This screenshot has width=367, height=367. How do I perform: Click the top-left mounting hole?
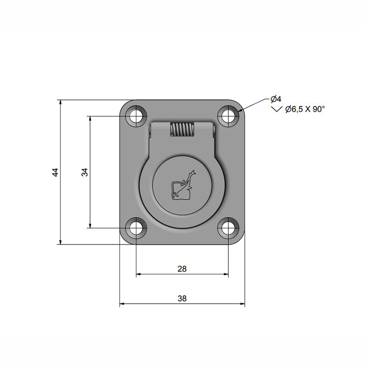coord(136,117)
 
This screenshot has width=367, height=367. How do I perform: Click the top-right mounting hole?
coord(228,117)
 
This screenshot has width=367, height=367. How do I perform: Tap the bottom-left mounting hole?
coord(136,228)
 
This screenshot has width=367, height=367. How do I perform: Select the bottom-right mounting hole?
coord(228,228)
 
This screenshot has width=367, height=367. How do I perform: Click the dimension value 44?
coord(55,172)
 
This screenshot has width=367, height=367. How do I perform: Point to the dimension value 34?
coord(85,172)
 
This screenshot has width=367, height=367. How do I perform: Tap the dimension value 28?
coord(182,269)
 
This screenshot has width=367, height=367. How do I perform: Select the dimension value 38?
coord(182,299)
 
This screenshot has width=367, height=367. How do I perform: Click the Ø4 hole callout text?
coord(276,99)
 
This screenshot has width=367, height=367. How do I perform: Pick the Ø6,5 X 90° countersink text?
coord(305,109)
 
